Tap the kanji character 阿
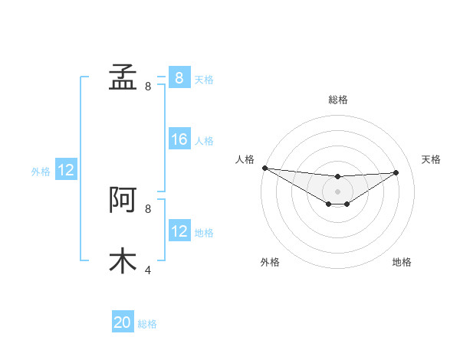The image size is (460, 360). pyautogui.click(x=123, y=200)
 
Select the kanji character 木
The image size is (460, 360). pyautogui.click(x=123, y=260)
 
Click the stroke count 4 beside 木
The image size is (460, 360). pyautogui.click(x=148, y=270)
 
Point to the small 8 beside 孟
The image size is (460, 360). pyautogui.click(x=148, y=87)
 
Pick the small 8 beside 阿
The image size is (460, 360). pyautogui.click(x=148, y=208)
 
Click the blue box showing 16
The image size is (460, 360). pyautogui.click(x=179, y=139)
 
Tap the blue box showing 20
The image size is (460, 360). pyautogui.click(x=123, y=322)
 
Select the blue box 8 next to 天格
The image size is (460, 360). pyautogui.click(x=179, y=78)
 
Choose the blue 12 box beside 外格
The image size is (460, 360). pyautogui.click(x=66, y=170)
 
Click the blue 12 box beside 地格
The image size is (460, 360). pyautogui.click(x=179, y=231)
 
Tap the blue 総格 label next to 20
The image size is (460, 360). pyautogui.click(x=147, y=324)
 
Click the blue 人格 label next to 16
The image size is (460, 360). pyautogui.click(x=204, y=141)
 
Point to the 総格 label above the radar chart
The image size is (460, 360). pyautogui.click(x=337, y=100)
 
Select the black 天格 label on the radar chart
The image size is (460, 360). pyautogui.click(x=431, y=159)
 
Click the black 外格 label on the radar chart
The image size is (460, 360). pyautogui.click(x=269, y=262)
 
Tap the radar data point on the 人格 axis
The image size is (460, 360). pyautogui.click(x=264, y=168)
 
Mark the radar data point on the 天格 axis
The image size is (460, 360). pyautogui.click(x=396, y=172)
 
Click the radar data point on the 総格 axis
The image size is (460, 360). pyautogui.click(x=337, y=177)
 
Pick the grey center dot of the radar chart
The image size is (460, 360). pyautogui.click(x=337, y=191)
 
